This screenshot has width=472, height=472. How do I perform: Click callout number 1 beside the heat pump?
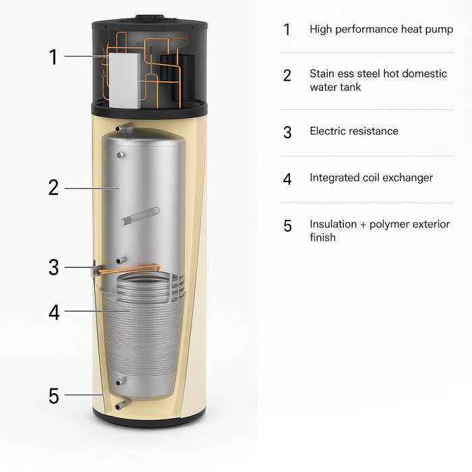(53, 57)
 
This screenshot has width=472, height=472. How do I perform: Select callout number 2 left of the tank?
(53, 187)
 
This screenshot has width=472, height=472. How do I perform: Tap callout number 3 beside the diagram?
(53, 268)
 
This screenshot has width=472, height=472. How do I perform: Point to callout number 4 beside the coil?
(53, 312)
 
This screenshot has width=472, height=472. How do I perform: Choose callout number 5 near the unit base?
(53, 396)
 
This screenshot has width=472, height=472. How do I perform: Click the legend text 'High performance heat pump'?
(381, 30)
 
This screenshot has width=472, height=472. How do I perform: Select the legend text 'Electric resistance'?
(353, 131)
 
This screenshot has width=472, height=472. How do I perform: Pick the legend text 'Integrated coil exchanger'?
(371, 178)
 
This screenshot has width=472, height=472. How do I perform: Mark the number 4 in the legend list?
(287, 179)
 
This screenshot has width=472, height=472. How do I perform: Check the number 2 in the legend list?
(287, 76)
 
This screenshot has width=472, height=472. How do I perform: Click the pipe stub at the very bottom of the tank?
(121, 405)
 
